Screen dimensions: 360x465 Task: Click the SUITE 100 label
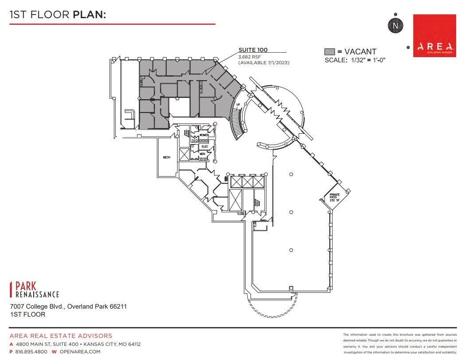253,50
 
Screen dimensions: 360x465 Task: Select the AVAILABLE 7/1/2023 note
264,63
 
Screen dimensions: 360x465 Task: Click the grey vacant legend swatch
329,52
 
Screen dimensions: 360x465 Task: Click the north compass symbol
395,26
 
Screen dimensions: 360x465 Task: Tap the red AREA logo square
434,36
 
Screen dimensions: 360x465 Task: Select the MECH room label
167,157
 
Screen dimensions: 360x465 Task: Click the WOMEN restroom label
204,135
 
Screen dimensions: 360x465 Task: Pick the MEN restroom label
202,154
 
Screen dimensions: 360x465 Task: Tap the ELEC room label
205,146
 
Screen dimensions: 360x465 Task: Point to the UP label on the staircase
238,105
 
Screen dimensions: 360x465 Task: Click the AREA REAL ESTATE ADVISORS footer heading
61,336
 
